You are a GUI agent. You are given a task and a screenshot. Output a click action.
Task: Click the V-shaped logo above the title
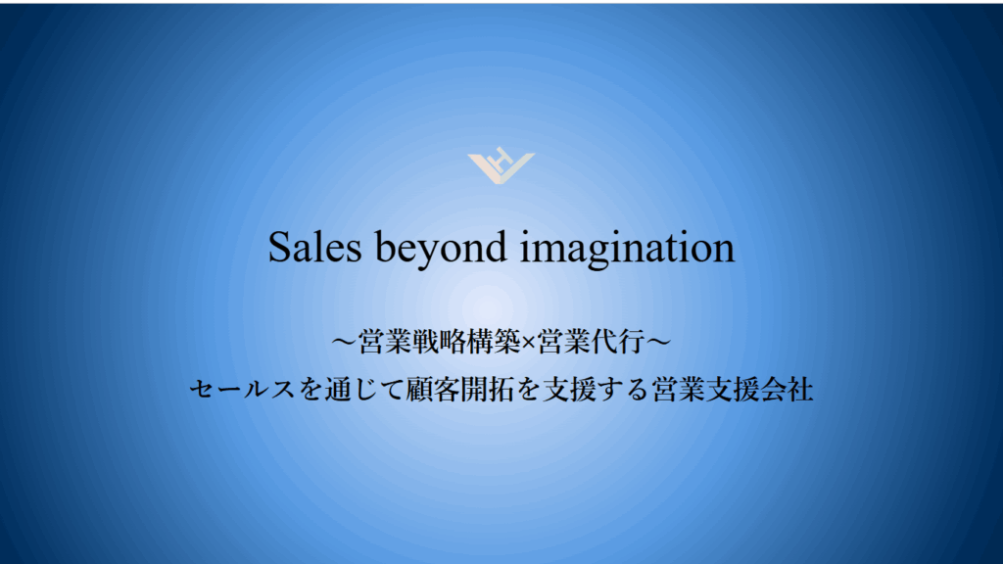(501, 167)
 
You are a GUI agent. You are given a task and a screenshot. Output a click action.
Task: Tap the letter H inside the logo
(502, 158)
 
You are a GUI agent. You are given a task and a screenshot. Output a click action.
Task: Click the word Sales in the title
(314, 247)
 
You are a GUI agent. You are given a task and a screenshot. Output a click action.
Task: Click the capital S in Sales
(279, 247)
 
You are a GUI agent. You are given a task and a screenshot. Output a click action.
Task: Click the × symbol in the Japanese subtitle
(528, 344)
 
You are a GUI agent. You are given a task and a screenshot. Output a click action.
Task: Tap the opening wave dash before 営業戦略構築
(344, 342)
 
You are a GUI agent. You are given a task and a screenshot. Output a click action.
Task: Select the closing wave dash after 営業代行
(658, 342)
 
